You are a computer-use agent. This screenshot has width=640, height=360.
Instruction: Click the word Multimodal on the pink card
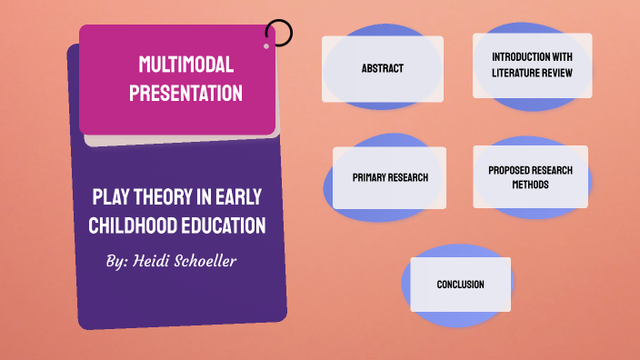(185, 64)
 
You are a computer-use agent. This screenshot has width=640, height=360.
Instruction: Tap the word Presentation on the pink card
(185, 93)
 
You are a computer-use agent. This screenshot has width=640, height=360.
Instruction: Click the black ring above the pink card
(279, 34)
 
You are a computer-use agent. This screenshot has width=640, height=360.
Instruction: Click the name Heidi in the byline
(158, 261)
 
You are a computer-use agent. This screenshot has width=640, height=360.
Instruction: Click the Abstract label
(382, 68)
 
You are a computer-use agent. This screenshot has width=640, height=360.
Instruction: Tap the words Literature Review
(532, 73)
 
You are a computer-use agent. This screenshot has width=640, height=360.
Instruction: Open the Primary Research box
(389, 177)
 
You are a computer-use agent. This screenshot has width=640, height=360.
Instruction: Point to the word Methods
(531, 185)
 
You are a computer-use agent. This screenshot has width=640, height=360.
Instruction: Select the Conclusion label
(460, 285)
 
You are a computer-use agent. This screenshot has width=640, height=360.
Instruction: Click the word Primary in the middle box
(370, 177)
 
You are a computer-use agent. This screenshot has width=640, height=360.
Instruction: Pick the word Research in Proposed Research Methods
(553, 170)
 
